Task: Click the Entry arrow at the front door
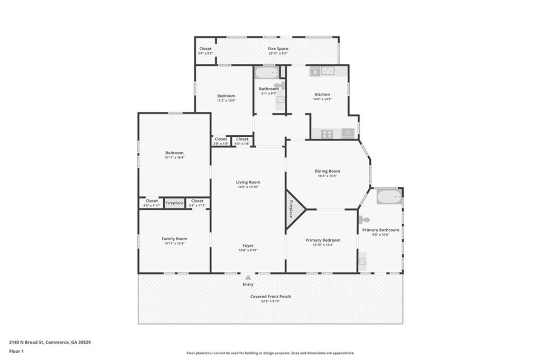tap(248, 277)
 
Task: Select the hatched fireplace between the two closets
tap(174, 203)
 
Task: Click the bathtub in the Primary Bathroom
tap(389, 197)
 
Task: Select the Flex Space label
tap(278, 49)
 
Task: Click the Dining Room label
tap(327, 171)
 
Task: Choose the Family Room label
tap(174, 239)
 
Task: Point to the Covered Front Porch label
tap(270, 297)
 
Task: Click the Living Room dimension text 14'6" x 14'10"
tap(248, 187)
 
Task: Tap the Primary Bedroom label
tap(323, 240)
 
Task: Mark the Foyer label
tap(248, 245)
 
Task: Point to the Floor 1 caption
tap(16, 351)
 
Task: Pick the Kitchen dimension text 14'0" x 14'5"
tap(322, 99)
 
